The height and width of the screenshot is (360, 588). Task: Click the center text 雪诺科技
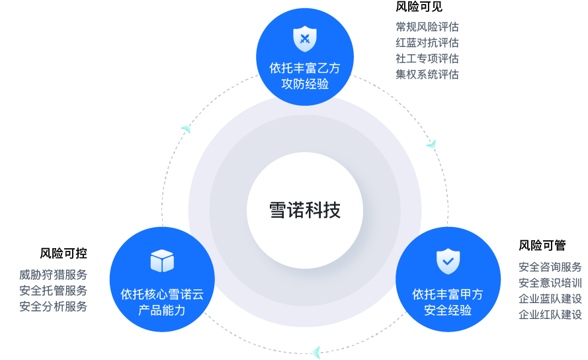click(305, 210)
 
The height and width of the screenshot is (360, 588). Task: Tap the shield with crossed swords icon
click(305, 38)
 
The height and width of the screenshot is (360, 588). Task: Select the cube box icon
click(162, 261)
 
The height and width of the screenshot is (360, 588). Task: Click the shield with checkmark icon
click(448, 261)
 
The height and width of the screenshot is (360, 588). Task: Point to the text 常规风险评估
click(427, 27)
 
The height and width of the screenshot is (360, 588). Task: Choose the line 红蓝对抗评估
click(427, 43)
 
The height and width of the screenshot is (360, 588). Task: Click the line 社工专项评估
click(427, 59)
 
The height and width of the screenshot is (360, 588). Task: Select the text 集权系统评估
click(427, 75)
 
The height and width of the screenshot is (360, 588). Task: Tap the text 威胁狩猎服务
click(53, 275)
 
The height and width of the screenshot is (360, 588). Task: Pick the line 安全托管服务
click(53, 291)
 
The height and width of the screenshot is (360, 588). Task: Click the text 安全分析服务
click(53, 306)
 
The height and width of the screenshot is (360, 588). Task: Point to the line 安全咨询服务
click(550, 267)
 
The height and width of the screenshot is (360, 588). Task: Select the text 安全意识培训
click(550, 283)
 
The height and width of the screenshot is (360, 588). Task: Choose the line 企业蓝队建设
click(550, 298)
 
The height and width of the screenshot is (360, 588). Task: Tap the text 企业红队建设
click(550, 314)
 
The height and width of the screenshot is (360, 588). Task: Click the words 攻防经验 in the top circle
click(305, 84)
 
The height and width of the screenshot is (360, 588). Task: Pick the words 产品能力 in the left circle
click(162, 310)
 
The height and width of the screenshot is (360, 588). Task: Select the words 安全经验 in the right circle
click(448, 310)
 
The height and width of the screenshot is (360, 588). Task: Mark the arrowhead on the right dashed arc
click(431, 144)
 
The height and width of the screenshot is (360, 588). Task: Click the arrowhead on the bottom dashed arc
click(315, 351)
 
